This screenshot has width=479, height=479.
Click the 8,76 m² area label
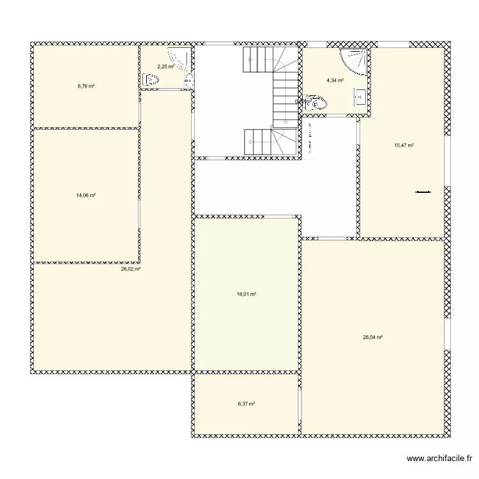pos(86,86)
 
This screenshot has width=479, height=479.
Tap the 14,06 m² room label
pos(86,195)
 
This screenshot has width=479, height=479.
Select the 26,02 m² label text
pos(130,270)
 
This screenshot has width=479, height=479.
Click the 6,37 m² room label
pos(247,404)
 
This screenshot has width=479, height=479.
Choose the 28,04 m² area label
pos(372,337)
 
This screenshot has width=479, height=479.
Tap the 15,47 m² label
pos(404,146)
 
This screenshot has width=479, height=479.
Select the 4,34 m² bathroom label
pos(335,81)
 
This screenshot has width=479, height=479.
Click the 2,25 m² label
pos(165,66)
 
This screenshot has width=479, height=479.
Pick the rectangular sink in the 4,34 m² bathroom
pos(360,97)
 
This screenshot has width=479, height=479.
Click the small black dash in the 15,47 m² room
pos(423,191)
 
